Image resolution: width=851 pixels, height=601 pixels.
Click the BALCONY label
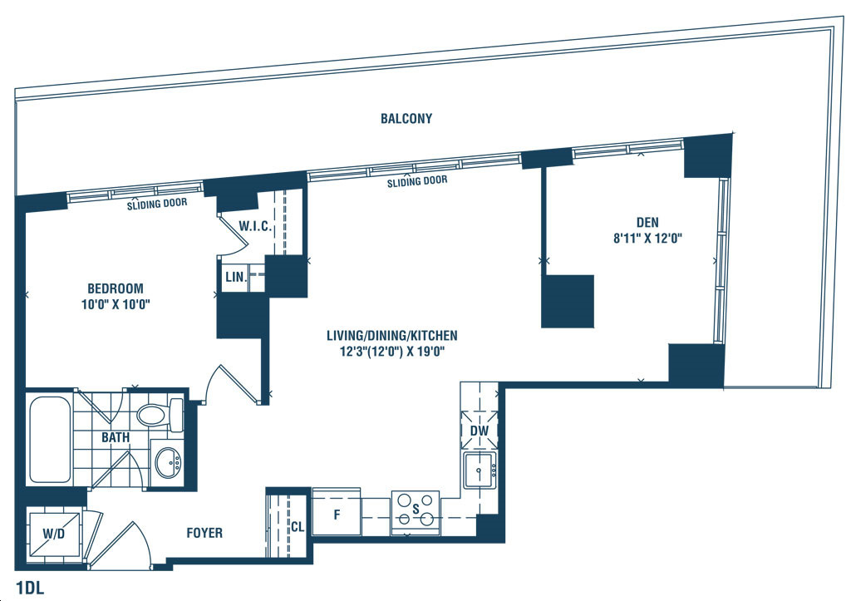pos(406,118)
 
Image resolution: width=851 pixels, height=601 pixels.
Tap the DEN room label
pos(647,222)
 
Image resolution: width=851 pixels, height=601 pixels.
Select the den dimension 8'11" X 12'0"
pos(647,238)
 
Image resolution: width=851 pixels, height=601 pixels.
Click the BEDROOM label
pos(116,288)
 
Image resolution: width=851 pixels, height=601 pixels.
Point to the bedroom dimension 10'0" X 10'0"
pos(116,304)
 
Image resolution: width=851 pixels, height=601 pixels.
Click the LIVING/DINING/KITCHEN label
pos(392,336)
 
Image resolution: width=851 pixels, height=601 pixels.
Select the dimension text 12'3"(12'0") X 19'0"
pos(392,352)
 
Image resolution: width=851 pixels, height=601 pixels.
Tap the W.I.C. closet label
pos(255,226)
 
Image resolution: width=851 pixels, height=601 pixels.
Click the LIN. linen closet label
pos(236,277)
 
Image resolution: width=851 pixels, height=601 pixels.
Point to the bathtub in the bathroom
pos(50,440)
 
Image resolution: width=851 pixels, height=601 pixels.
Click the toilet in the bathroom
pos(160,416)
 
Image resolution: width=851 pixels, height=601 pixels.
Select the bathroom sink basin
pos(169,463)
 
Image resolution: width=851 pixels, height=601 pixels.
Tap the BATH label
pos(116,437)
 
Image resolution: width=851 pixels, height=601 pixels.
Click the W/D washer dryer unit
pos(54,534)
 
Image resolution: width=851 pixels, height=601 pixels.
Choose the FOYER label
pos(204,533)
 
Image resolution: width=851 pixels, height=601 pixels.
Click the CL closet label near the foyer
pos(298,527)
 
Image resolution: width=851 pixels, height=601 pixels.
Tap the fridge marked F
pos(337,513)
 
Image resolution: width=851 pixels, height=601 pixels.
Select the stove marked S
pos(416,510)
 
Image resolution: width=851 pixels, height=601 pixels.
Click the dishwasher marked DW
pos(480,431)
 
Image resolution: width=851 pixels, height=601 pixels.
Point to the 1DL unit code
pos(30,588)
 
